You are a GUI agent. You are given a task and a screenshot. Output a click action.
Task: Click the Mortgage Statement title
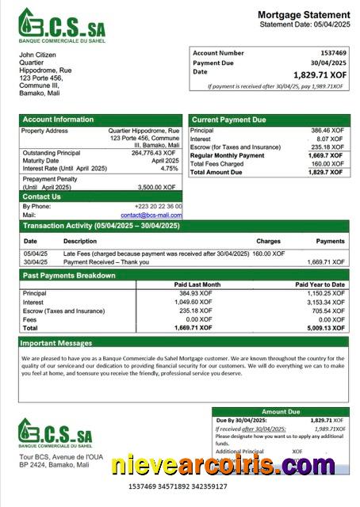pyautogui.click(x=304, y=14)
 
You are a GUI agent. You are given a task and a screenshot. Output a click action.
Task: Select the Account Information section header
pyautogui.click(x=57, y=120)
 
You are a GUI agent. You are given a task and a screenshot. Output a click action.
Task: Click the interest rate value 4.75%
pyautogui.click(x=170, y=169)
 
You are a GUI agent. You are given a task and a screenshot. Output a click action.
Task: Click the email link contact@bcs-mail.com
pyautogui.click(x=151, y=215)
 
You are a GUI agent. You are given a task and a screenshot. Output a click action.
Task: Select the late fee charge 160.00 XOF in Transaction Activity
pyautogui.click(x=268, y=253)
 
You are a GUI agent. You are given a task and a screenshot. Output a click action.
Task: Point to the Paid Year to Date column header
pyautogui.click(x=320, y=284)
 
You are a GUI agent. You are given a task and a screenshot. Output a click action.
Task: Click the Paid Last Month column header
pyautogui.click(x=197, y=284)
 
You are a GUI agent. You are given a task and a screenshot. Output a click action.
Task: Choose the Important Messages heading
pyautogui.click(x=55, y=343)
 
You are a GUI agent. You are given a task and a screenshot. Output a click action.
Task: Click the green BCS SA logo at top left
pyautogui.click(x=62, y=25)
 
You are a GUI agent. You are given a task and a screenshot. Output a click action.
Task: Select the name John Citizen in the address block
pyautogui.click(x=40, y=54)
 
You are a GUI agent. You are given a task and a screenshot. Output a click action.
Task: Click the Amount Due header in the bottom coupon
pyautogui.click(x=281, y=412)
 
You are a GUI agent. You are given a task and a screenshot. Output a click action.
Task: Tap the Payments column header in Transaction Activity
pyautogui.click(x=330, y=241)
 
